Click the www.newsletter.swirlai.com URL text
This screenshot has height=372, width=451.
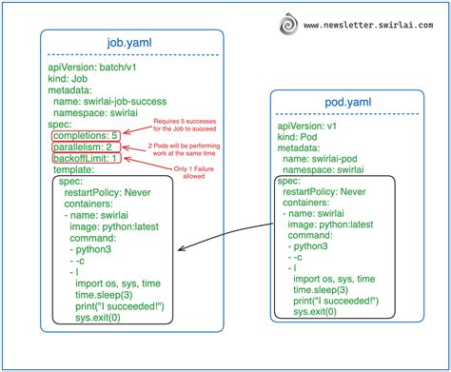pos(369,20)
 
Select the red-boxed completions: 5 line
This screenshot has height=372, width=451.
pos(86,136)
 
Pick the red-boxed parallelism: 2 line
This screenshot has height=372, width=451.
pos(84,147)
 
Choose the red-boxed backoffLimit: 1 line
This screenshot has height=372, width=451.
pos(86,159)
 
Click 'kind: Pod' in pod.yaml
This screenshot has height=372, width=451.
pos(302,137)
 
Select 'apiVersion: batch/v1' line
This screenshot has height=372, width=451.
pos(94,68)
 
